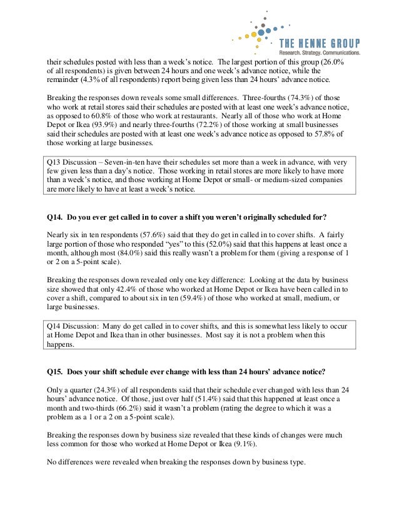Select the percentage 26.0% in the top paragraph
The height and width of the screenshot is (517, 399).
[x=331, y=63]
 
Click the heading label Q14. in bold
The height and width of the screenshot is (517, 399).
[x=56, y=218]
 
